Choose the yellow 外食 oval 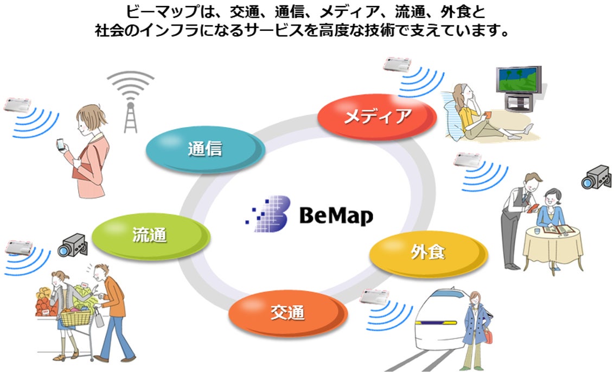click(x=428, y=253)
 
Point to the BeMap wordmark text click(x=336, y=216)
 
